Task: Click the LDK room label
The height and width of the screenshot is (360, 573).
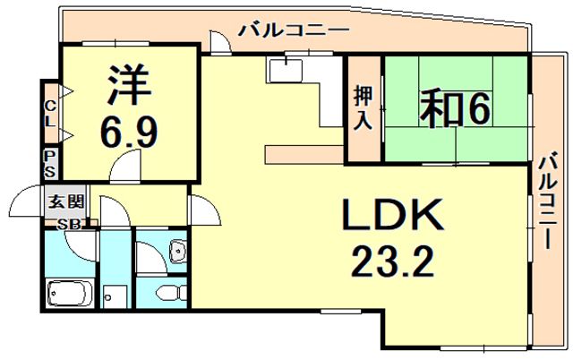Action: tap(393, 215)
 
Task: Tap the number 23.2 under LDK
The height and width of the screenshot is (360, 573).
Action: tap(392, 261)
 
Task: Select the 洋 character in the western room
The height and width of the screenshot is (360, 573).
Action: tap(129, 85)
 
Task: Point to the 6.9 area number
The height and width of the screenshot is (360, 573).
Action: tap(129, 132)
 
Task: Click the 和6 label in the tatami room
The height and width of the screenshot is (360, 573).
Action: tap(454, 108)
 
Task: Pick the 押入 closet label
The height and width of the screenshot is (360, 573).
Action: tap(363, 108)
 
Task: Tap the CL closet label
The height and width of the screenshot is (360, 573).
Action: tap(50, 114)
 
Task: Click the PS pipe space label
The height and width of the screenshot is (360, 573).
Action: tap(50, 164)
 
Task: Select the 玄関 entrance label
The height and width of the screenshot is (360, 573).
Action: tap(66, 201)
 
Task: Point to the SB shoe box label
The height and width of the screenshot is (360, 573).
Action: tap(69, 224)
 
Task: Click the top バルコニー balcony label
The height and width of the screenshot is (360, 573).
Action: tap(294, 30)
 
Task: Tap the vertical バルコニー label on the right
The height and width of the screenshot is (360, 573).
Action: tap(548, 201)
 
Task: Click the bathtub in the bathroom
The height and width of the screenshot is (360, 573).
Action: tap(70, 294)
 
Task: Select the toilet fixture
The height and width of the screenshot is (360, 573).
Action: tap(171, 293)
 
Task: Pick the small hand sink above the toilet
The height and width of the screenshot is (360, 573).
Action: tap(178, 251)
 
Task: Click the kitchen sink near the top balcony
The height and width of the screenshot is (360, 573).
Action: tap(285, 70)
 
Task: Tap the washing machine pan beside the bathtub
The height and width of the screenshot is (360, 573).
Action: tap(115, 296)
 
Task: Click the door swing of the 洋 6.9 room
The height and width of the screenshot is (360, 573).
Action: tap(125, 167)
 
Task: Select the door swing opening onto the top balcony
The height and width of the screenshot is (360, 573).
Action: tap(220, 42)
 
